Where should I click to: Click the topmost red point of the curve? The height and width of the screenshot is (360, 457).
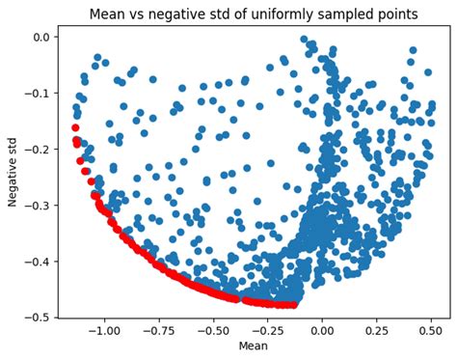(x=75, y=127)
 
